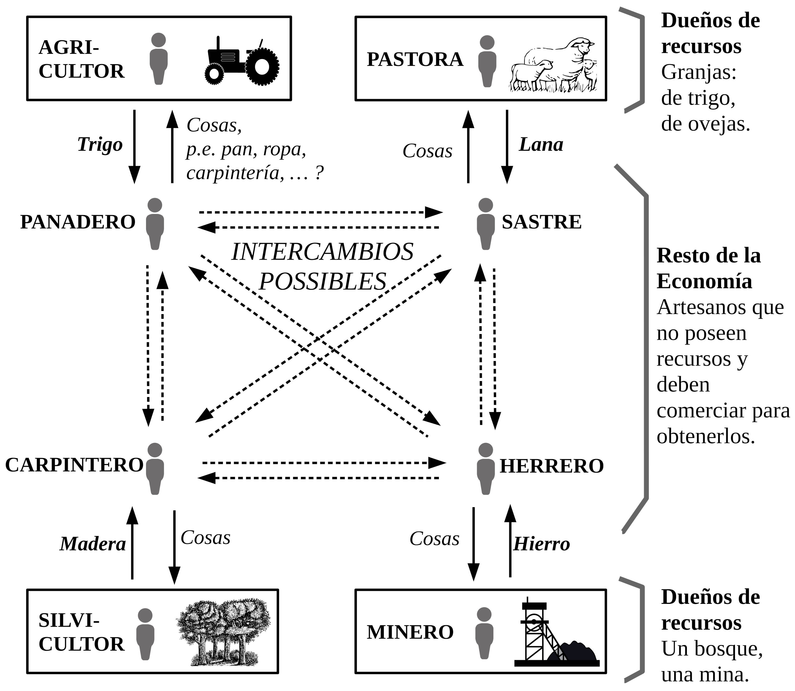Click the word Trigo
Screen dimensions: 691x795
pyautogui.click(x=100, y=145)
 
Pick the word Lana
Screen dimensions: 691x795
pyautogui.click(x=541, y=145)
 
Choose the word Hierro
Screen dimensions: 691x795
pyautogui.click(x=541, y=544)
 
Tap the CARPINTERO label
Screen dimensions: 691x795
pyautogui.click(x=74, y=465)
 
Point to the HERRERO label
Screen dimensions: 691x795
pyautogui.click(x=552, y=466)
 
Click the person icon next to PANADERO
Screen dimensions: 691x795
pyautogui.click(x=155, y=224)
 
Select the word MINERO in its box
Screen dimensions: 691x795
pyautogui.click(x=410, y=632)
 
